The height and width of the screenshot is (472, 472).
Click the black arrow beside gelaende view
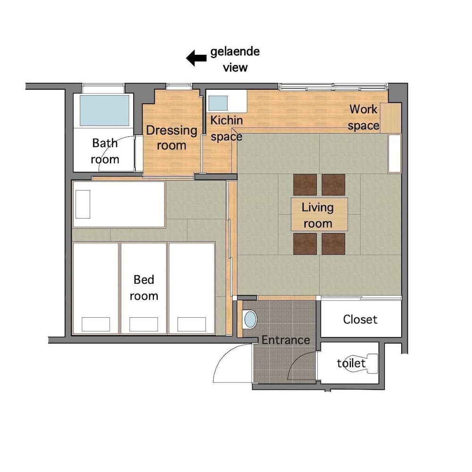(196, 59)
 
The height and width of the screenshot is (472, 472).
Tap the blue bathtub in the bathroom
(104, 110)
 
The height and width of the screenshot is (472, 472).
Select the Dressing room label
(171, 138)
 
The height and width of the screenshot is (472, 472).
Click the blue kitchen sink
(218, 103)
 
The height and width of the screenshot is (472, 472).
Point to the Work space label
(363, 117)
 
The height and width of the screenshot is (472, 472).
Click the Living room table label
(318, 215)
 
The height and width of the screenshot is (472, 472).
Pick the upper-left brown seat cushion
(305, 185)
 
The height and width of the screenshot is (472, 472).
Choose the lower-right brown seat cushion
(334, 243)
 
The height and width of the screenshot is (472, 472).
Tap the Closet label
(360, 320)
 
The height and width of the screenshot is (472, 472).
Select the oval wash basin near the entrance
(250, 320)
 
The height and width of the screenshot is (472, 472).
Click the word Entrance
(286, 340)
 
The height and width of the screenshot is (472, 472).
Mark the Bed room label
(144, 288)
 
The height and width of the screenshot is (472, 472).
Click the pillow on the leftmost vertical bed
(96, 324)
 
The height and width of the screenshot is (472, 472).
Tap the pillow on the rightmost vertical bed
(192, 324)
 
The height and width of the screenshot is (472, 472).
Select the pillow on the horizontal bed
(83, 204)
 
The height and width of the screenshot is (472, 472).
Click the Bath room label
(105, 151)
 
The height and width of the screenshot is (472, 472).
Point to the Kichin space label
(227, 128)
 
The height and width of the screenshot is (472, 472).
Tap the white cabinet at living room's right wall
(394, 153)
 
